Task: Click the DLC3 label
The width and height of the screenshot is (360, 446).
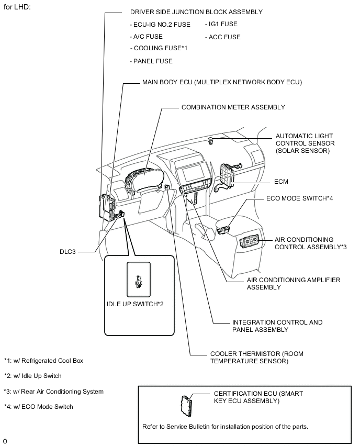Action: click(67, 251)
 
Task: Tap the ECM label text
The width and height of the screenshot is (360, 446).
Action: click(282, 182)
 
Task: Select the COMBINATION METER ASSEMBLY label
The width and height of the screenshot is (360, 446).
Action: click(233, 107)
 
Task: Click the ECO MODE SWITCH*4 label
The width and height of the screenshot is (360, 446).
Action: click(299, 199)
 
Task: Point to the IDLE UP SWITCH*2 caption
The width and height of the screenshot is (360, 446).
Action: click(136, 304)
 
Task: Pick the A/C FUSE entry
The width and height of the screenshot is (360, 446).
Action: click(146, 37)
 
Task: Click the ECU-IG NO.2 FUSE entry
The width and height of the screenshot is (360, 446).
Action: click(160, 25)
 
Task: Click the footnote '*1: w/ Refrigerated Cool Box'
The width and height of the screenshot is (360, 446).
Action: click(43, 361)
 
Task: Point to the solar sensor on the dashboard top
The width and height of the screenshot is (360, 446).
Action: click(210, 140)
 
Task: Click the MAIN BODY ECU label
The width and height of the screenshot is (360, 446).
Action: click(222, 82)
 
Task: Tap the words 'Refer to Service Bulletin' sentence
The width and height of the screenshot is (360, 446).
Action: click(225, 426)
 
